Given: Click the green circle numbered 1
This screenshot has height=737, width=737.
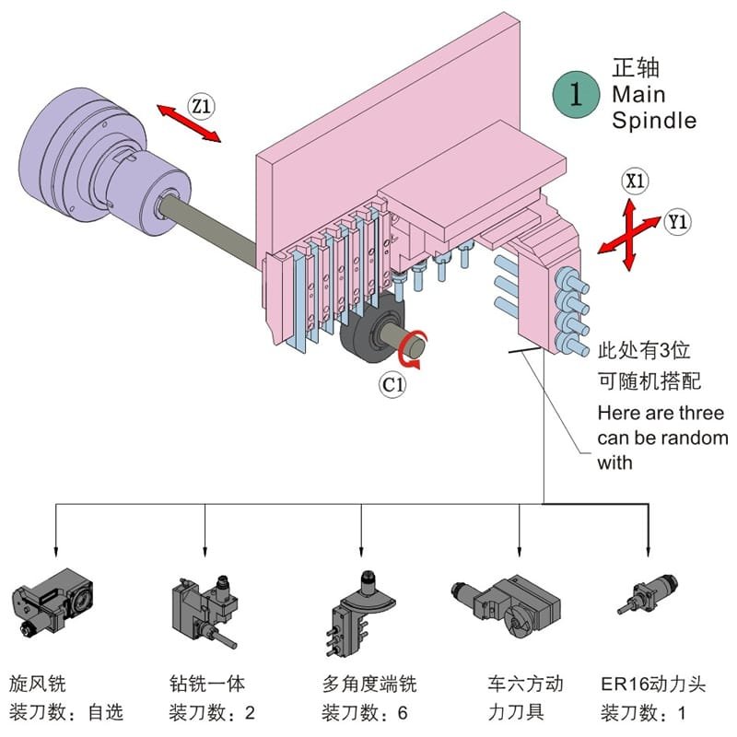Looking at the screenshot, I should (x=578, y=95).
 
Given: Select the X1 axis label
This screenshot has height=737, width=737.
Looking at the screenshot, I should (x=634, y=181).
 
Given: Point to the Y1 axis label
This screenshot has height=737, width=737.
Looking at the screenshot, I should (x=677, y=221).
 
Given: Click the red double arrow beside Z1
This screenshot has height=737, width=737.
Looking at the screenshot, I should (x=189, y=124).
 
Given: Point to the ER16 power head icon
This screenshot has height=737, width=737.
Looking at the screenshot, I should (x=649, y=590).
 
